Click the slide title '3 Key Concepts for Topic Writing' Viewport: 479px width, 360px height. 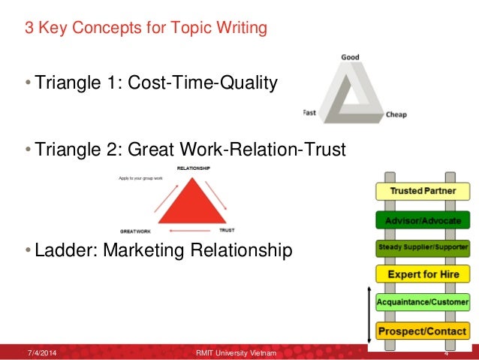[146, 30]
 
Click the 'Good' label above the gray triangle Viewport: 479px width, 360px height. [350, 58]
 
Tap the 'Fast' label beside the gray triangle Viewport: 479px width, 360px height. [309, 112]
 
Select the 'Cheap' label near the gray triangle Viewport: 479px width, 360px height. [396, 115]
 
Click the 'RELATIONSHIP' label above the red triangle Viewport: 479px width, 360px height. [193, 168]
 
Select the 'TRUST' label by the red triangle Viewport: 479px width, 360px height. [226, 230]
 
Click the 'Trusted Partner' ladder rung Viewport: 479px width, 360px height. [422, 192]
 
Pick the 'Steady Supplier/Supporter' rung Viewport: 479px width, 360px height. [422, 246]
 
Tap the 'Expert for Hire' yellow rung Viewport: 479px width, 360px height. [422, 274]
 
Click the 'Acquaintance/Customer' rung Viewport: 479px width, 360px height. [422, 302]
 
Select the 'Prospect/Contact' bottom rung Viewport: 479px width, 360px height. [422, 330]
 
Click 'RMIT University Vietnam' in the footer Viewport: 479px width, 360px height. [236, 352]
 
